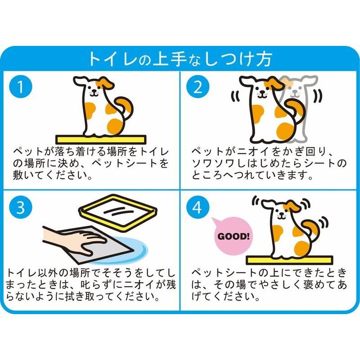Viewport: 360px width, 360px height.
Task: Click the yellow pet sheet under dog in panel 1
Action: click(x=103, y=138)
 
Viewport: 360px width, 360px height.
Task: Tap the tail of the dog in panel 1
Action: click(x=125, y=107)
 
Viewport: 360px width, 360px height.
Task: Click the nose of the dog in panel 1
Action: click(x=94, y=90)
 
